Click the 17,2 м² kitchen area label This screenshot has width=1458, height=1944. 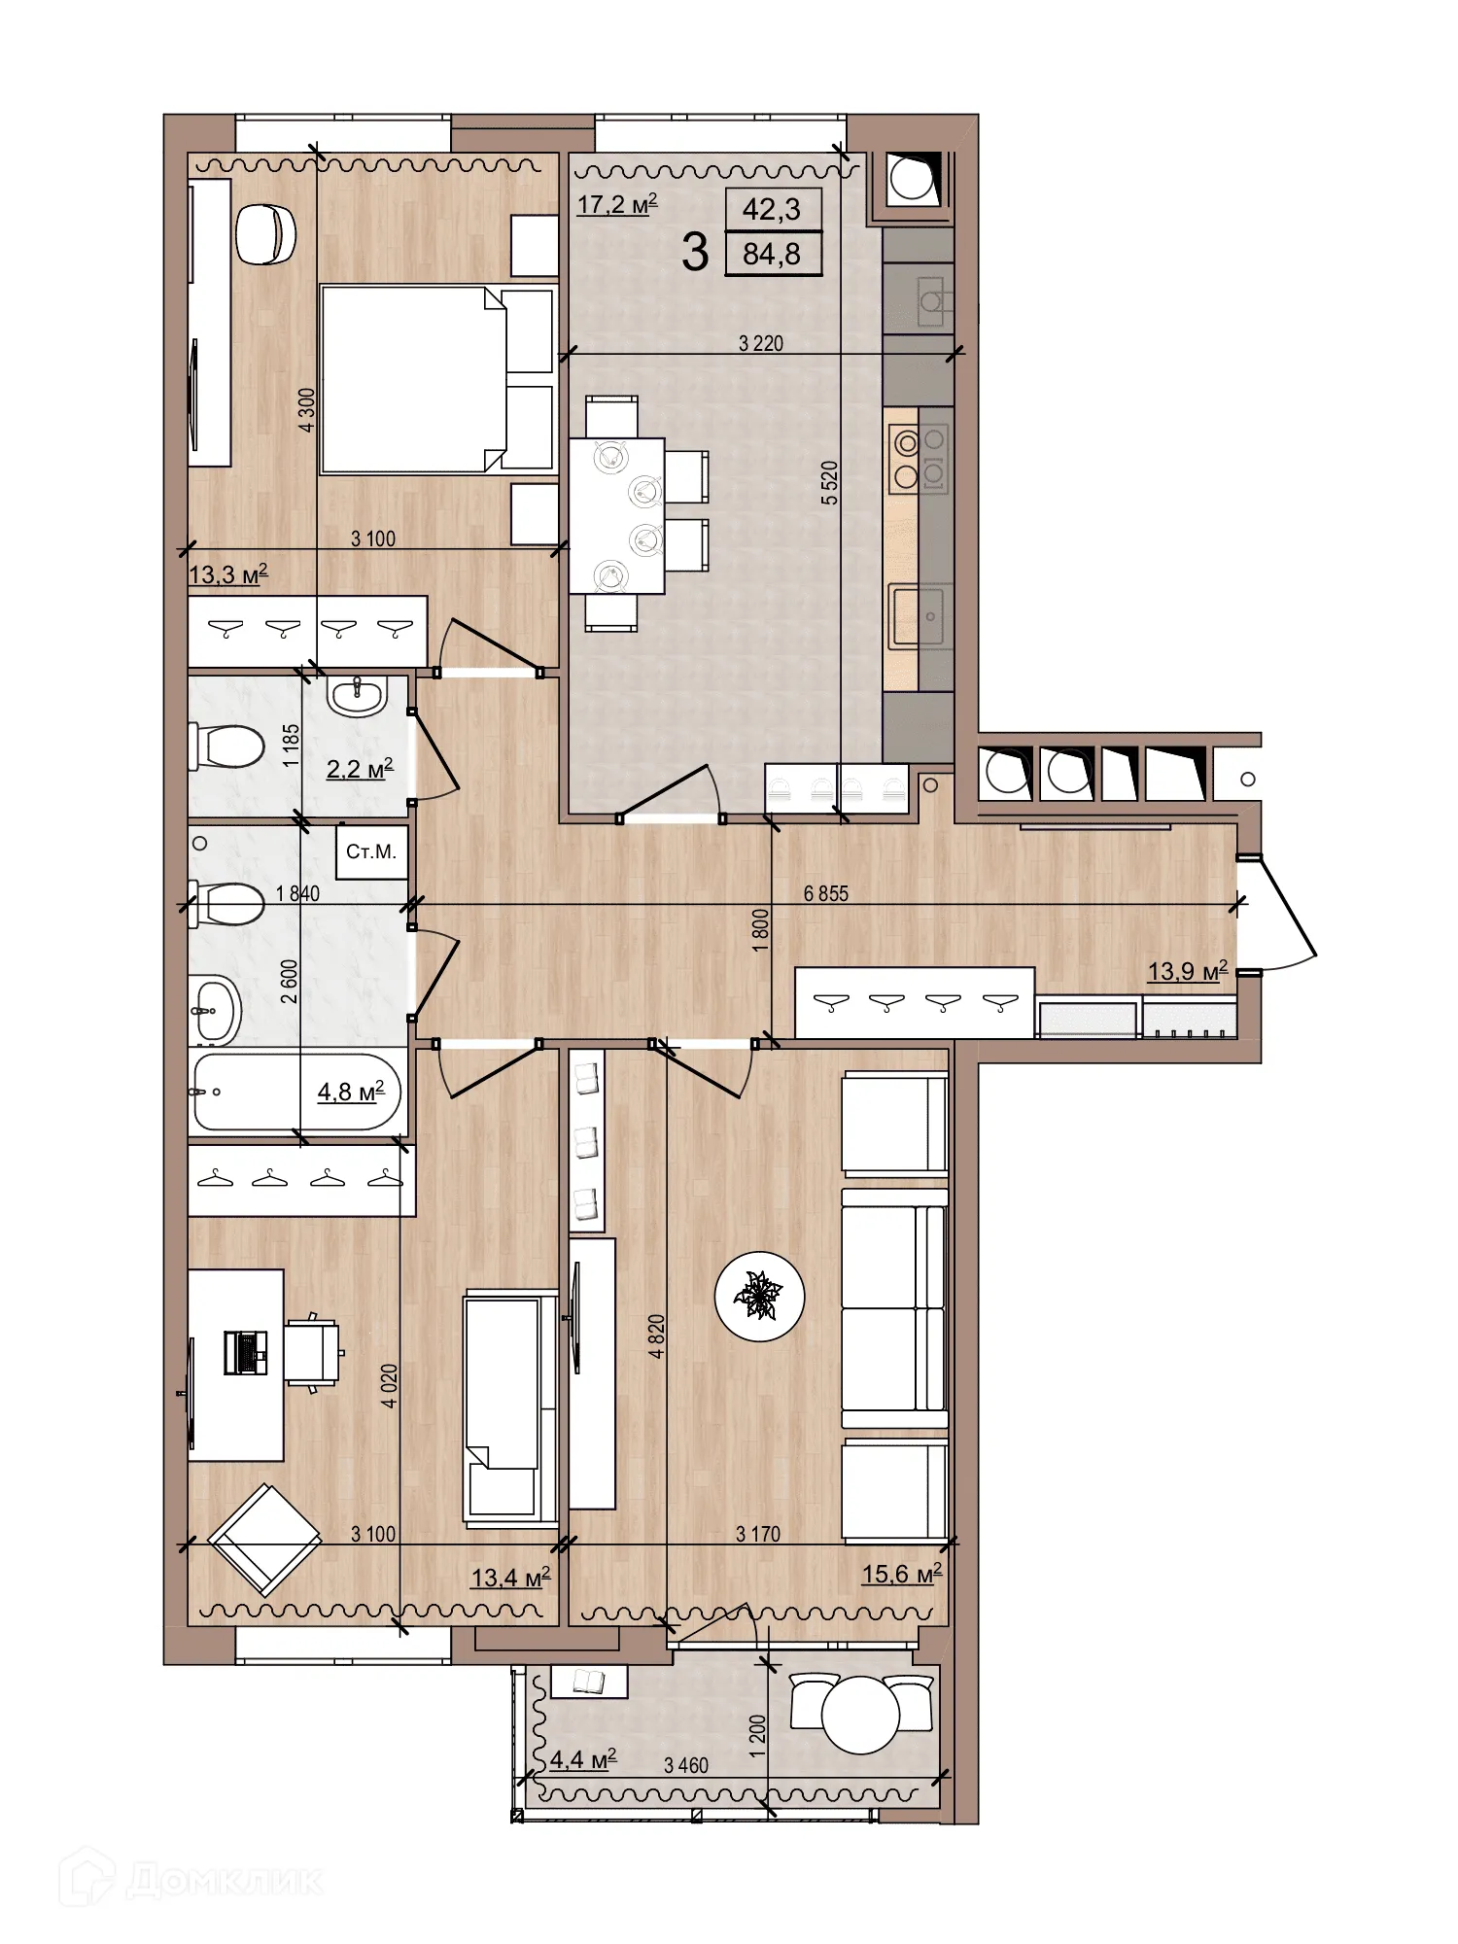[x=616, y=204]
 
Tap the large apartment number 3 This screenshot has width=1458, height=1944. [x=694, y=253]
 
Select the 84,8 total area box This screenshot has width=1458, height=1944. [x=772, y=255]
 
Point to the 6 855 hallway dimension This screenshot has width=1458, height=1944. [x=825, y=893]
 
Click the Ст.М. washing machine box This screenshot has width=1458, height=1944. [x=371, y=852]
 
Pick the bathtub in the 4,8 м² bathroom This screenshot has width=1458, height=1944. [x=296, y=1092]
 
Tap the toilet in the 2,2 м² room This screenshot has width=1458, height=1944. [x=227, y=746]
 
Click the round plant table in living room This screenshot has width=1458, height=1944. [x=759, y=1296]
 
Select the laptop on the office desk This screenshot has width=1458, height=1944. [x=246, y=1352]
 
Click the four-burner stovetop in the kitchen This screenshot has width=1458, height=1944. [x=918, y=459]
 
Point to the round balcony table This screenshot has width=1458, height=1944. [x=860, y=1715]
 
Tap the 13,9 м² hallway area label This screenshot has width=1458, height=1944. [x=1187, y=971]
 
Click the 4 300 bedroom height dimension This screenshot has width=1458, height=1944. [x=307, y=410]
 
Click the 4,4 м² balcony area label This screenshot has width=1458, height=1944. [x=582, y=1759]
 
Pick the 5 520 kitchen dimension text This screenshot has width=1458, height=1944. [x=829, y=482]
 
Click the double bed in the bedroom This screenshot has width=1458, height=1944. [x=413, y=379]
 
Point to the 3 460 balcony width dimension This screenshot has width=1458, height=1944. [x=686, y=1765]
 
